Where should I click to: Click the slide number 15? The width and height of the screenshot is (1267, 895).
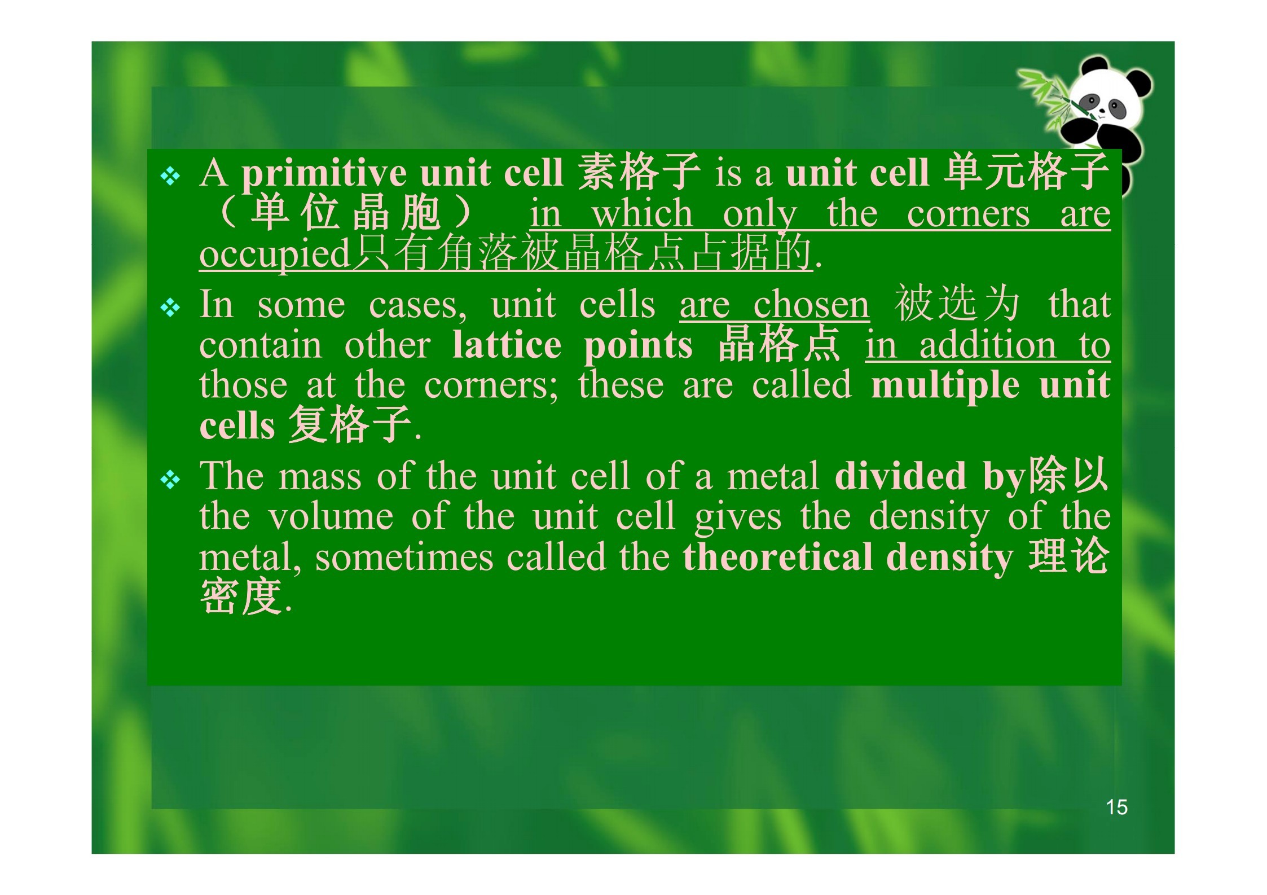coord(1116,807)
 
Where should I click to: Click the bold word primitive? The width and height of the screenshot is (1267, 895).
coord(324,174)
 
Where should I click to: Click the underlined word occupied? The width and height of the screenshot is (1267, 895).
coord(275,254)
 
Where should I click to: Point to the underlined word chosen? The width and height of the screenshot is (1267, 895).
coord(811,305)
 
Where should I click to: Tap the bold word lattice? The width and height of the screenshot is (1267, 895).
coord(507,345)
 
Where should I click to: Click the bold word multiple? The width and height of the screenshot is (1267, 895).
coord(945,385)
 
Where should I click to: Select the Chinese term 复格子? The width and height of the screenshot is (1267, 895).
coord(350,424)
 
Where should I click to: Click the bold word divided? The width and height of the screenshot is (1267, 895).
coord(900,475)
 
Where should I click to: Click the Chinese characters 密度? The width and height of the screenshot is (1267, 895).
coord(241,596)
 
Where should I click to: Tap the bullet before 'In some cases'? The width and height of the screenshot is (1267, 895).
coord(170,308)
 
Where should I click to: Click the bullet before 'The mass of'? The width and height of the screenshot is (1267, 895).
coord(170,480)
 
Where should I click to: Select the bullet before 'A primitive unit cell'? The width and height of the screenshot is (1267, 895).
coord(170,177)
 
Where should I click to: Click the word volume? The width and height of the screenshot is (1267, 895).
coord(330,516)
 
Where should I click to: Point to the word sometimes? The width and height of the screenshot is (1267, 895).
coord(404,557)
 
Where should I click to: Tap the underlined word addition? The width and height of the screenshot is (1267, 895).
coord(988,345)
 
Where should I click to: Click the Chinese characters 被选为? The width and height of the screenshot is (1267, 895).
coord(957,304)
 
